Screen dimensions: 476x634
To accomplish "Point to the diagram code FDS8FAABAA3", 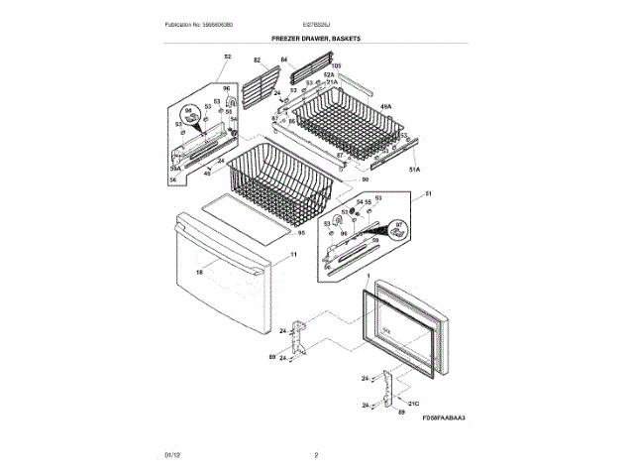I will coord(443,417).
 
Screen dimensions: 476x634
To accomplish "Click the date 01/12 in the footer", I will coord(171,455).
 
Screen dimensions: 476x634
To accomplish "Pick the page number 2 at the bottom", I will coord(315,455).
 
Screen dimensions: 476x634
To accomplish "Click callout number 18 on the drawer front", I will coord(199,272).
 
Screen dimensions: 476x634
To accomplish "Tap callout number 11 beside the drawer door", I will coord(293,255).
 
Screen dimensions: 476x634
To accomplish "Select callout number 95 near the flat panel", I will coord(300,233).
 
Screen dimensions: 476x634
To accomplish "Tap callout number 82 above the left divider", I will coord(256,59).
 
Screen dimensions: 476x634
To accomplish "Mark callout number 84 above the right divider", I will coord(283,59).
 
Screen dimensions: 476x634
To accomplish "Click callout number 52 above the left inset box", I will coord(227,58).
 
